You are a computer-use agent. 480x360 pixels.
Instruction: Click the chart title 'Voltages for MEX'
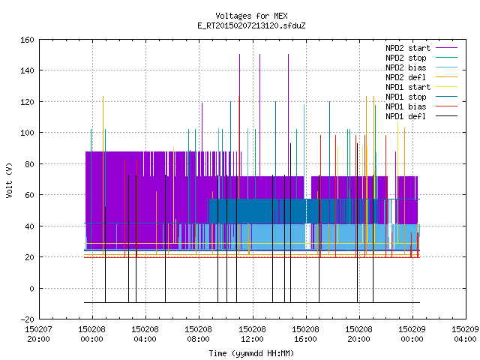pos(251,16)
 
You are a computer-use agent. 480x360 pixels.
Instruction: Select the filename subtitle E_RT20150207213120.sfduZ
pos(251,25)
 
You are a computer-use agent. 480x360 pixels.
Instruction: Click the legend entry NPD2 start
pos(408,48)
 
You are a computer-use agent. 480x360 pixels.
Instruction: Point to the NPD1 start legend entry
pos(408,87)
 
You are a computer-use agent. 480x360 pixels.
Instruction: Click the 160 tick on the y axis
pos(27,40)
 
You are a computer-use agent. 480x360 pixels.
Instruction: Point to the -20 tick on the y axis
pos(27,319)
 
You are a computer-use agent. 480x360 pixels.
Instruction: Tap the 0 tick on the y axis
pos(31,289)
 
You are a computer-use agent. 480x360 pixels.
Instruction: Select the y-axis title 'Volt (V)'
pos(9,180)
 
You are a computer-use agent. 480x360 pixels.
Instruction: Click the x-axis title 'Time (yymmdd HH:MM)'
pos(251,353)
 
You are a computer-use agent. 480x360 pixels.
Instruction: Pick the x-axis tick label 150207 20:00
pos(38,334)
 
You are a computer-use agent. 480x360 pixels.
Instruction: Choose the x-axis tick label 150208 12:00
pos(252,334)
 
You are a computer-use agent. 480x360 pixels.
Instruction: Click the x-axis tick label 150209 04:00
pos(465,334)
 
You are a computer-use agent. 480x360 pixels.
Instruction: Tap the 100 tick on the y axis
pos(27,133)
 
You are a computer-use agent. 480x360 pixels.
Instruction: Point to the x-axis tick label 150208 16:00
pos(305,334)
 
